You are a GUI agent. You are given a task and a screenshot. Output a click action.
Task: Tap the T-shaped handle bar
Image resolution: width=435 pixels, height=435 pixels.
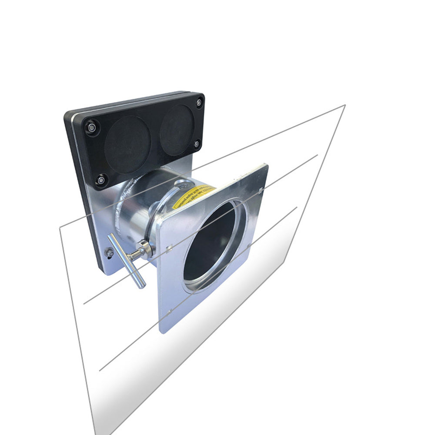pyautogui.click(x=126, y=261)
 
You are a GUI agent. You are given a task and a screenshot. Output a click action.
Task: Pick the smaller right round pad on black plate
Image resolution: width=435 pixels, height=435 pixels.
pyautogui.click(x=176, y=130)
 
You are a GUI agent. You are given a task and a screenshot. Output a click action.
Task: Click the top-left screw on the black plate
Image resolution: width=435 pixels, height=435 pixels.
pyautogui.click(x=92, y=127)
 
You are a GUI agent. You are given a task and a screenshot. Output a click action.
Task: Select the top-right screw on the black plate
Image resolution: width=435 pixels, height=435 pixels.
pyautogui.click(x=199, y=103)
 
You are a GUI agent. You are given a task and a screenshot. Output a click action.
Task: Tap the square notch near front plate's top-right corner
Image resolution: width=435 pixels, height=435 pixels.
pyautogui.click(x=259, y=190)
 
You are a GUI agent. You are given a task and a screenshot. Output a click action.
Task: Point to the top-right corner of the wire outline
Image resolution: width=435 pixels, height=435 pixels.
pyautogui.click(x=345, y=105)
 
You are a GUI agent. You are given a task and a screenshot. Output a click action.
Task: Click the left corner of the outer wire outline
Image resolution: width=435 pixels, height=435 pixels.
pyautogui.click(x=60, y=227)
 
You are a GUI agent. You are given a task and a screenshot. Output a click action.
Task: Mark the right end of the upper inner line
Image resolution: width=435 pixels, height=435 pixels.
pyautogui.click(x=318, y=154)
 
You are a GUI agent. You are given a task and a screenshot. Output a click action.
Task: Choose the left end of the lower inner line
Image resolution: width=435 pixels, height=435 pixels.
pyautogui.click(x=100, y=371)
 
